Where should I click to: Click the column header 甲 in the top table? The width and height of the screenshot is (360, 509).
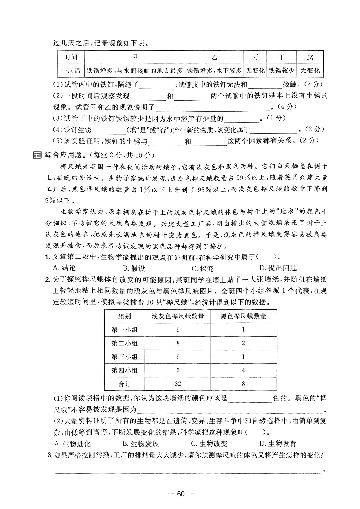point(135,57)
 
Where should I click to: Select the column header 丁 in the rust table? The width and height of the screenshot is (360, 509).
point(282,57)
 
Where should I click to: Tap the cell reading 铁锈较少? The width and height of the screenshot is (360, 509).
point(282,71)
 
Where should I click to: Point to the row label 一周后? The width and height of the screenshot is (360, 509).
point(71,71)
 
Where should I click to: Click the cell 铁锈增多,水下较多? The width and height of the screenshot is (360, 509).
point(214,71)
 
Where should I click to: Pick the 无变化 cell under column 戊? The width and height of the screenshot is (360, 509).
point(310,71)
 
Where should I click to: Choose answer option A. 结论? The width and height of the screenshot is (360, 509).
point(65,268)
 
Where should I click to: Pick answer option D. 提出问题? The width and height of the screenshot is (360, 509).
point(278,268)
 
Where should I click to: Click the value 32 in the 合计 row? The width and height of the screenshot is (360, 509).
point(178,384)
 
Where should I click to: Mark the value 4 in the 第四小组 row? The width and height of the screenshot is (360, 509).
point(243,370)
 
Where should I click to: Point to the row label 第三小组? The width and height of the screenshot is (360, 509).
point(124,357)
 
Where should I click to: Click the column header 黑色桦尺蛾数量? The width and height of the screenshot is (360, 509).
point(243,316)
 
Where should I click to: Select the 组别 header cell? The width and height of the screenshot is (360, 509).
point(124,316)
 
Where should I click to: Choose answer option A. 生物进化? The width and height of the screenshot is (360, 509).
point(72,444)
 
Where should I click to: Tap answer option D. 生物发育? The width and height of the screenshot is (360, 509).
point(278,444)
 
